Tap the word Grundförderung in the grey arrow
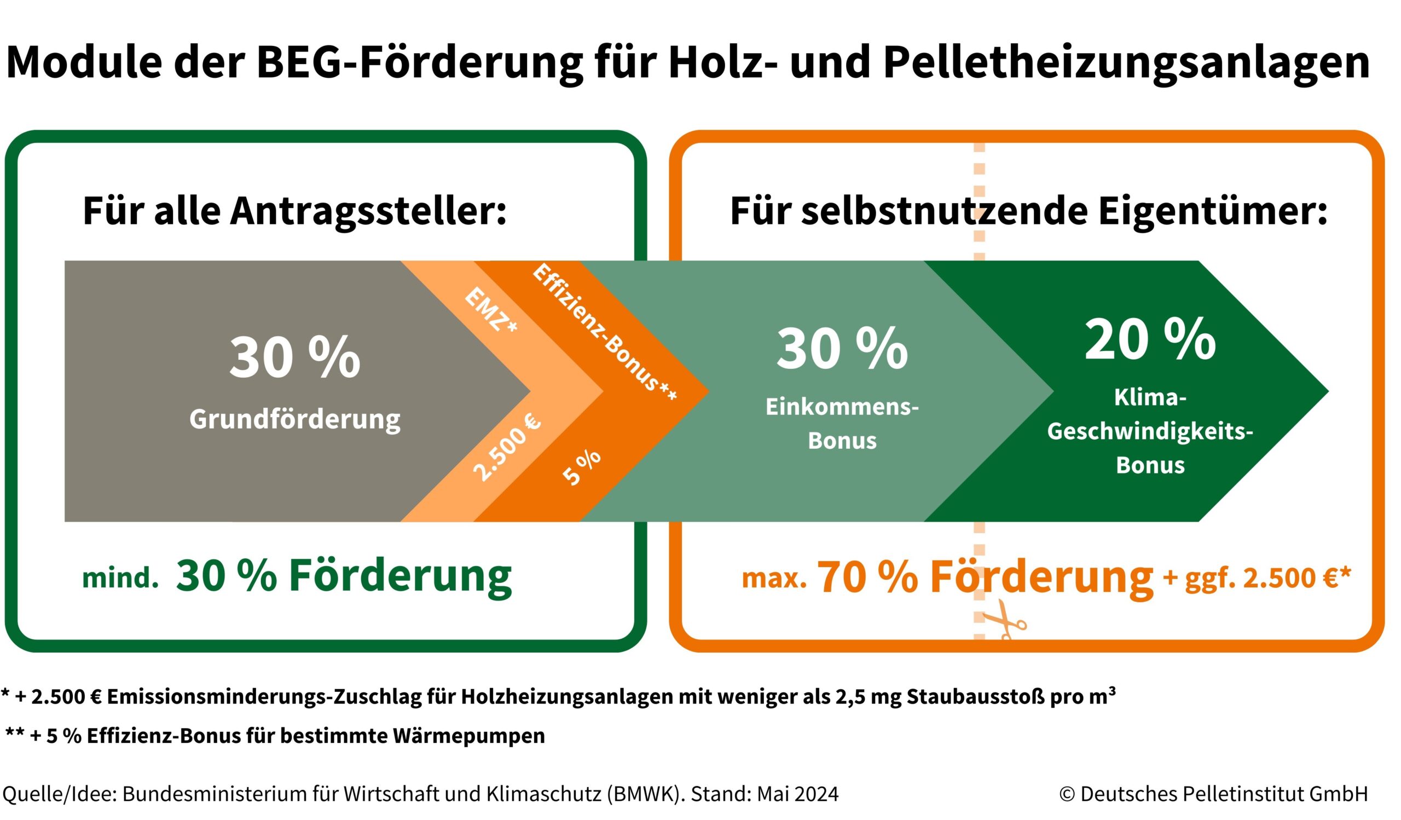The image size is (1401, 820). (x=294, y=419)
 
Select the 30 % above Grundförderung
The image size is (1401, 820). (x=294, y=357)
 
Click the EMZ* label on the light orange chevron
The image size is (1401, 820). (x=490, y=310)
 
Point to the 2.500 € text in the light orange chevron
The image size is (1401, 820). (x=506, y=446)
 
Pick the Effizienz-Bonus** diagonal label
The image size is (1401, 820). (x=604, y=332)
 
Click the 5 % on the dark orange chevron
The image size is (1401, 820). (x=582, y=467)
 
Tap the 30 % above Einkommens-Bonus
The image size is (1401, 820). (x=842, y=349)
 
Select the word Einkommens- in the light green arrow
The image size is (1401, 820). (x=842, y=407)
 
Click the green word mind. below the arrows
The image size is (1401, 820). (x=120, y=579)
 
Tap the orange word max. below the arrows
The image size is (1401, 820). (x=774, y=579)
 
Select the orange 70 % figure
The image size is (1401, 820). (x=867, y=577)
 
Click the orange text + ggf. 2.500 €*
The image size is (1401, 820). (x=1257, y=578)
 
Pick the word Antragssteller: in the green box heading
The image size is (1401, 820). (x=368, y=211)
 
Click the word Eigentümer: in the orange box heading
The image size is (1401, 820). (x=1213, y=211)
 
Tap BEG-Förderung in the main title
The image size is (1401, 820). (x=420, y=62)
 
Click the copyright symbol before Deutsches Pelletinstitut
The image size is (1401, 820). (x=1067, y=794)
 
